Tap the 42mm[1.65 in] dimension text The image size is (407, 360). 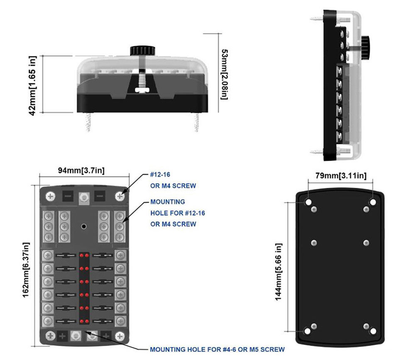click(33, 86)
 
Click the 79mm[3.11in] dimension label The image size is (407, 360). click(340, 176)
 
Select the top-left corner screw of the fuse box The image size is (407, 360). click(51, 196)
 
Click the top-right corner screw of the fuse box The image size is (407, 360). click(120, 196)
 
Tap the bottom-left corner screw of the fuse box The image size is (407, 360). click(51, 335)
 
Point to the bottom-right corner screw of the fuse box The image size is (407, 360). click(120, 335)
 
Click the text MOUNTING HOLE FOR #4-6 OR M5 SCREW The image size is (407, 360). click(217, 349)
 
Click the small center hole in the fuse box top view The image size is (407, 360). click(84, 227)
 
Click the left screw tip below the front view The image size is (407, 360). click(88, 123)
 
